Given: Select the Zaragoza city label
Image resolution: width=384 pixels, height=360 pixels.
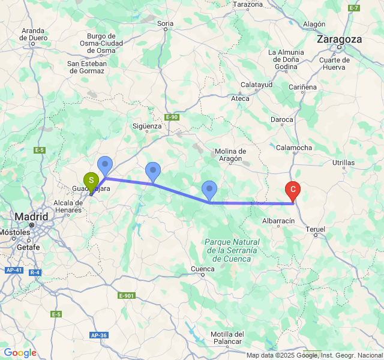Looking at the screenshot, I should click(x=340, y=39).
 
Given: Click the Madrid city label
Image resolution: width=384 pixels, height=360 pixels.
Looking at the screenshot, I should click(x=32, y=216).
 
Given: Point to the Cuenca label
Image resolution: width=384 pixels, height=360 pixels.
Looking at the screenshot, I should click(x=202, y=268).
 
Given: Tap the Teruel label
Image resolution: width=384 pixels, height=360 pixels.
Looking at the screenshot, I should click(x=315, y=229).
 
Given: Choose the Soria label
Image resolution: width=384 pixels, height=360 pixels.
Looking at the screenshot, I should click(x=165, y=23).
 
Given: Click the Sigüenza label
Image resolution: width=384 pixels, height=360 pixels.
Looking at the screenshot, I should click(x=147, y=126).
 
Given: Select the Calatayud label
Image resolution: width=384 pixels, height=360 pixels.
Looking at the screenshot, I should click(x=256, y=85).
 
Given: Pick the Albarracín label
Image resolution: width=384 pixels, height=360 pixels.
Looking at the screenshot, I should click(x=278, y=221).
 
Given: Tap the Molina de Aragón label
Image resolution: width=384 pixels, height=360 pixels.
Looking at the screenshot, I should click(x=230, y=155).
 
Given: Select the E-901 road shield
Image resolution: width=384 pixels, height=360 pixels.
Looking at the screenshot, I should click(x=127, y=296).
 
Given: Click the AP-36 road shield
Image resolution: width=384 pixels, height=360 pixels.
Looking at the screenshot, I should click(x=99, y=335).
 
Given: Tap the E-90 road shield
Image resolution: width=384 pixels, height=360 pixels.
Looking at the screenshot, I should click(x=172, y=117).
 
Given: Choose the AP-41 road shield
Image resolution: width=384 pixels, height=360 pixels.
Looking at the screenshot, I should click(x=14, y=271).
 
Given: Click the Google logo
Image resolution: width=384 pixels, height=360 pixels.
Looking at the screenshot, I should click(x=19, y=353).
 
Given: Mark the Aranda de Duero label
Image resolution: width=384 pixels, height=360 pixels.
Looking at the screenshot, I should click(x=34, y=34).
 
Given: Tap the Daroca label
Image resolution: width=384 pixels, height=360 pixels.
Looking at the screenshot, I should click(x=281, y=120).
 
